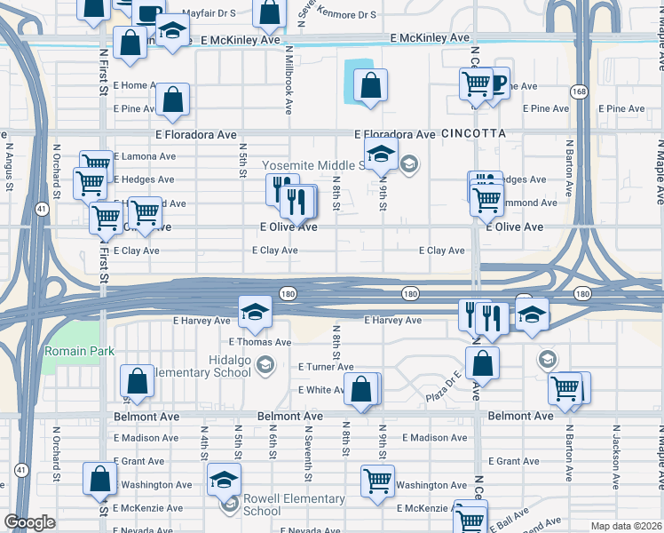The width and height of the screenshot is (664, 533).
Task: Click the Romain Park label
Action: tap(79, 351)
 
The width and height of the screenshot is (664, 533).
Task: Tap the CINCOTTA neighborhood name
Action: tap(472, 133)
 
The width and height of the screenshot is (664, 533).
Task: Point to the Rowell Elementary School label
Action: tap(274, 505)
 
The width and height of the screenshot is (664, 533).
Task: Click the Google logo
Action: tap(29, 522)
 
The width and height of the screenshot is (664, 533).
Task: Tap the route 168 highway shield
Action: tap(579, 91)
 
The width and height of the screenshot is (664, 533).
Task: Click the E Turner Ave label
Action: tap(326, 367)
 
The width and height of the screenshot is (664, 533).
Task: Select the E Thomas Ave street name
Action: tap(259, 342)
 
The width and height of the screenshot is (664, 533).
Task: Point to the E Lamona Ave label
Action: tap(145, 155)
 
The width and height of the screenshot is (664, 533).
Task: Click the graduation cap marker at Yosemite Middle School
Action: tap(382, 154)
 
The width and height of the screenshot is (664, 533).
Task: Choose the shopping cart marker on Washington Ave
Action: tap(377, 481)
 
